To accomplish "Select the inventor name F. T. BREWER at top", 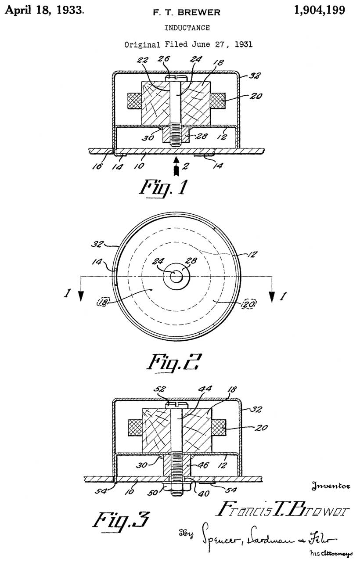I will (187, 13).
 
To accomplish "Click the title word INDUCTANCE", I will (187, 28).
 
